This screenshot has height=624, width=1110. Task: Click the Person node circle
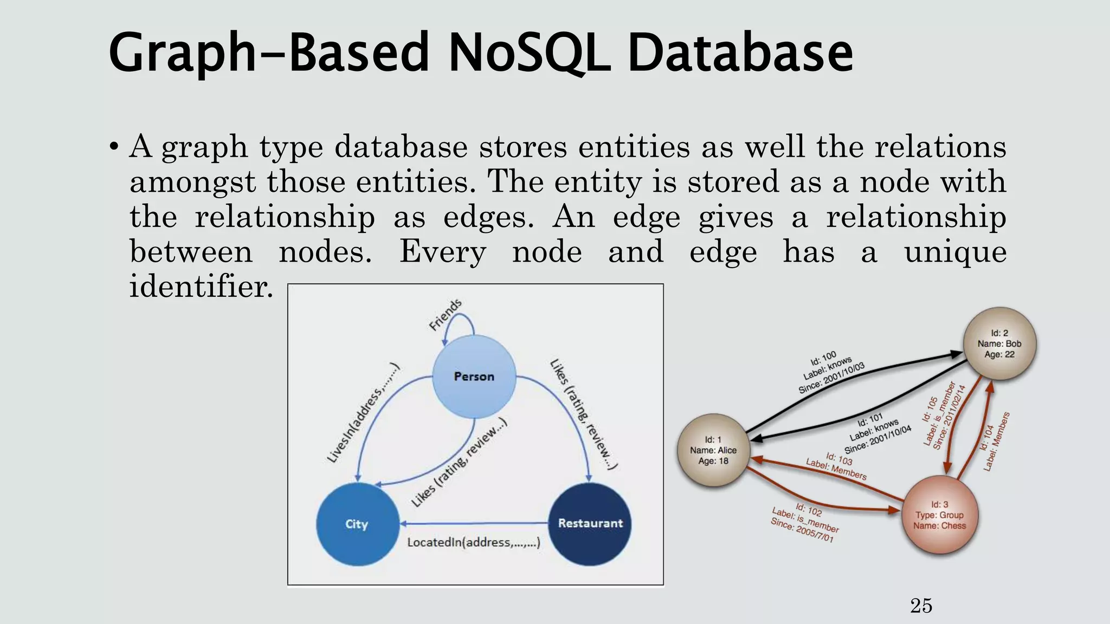[474, 376]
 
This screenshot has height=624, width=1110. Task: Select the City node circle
[357, 524]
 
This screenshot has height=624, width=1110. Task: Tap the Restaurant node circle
[590, 523]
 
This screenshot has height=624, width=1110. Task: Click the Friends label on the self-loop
[445, 315]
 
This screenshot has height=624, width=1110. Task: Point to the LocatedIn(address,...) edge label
[473, 542]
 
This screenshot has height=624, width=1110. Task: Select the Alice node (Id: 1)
[713, 450]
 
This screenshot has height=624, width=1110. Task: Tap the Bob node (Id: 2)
[999, 343]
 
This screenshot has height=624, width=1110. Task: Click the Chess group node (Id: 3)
[939, 515]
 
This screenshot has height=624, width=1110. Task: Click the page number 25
[921, 606]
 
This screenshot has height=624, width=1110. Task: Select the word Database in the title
[740, 53]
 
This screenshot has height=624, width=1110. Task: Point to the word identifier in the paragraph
[201, 286]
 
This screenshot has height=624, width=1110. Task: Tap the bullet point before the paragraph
[113, 147]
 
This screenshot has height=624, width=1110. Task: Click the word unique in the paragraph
[955, 251]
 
